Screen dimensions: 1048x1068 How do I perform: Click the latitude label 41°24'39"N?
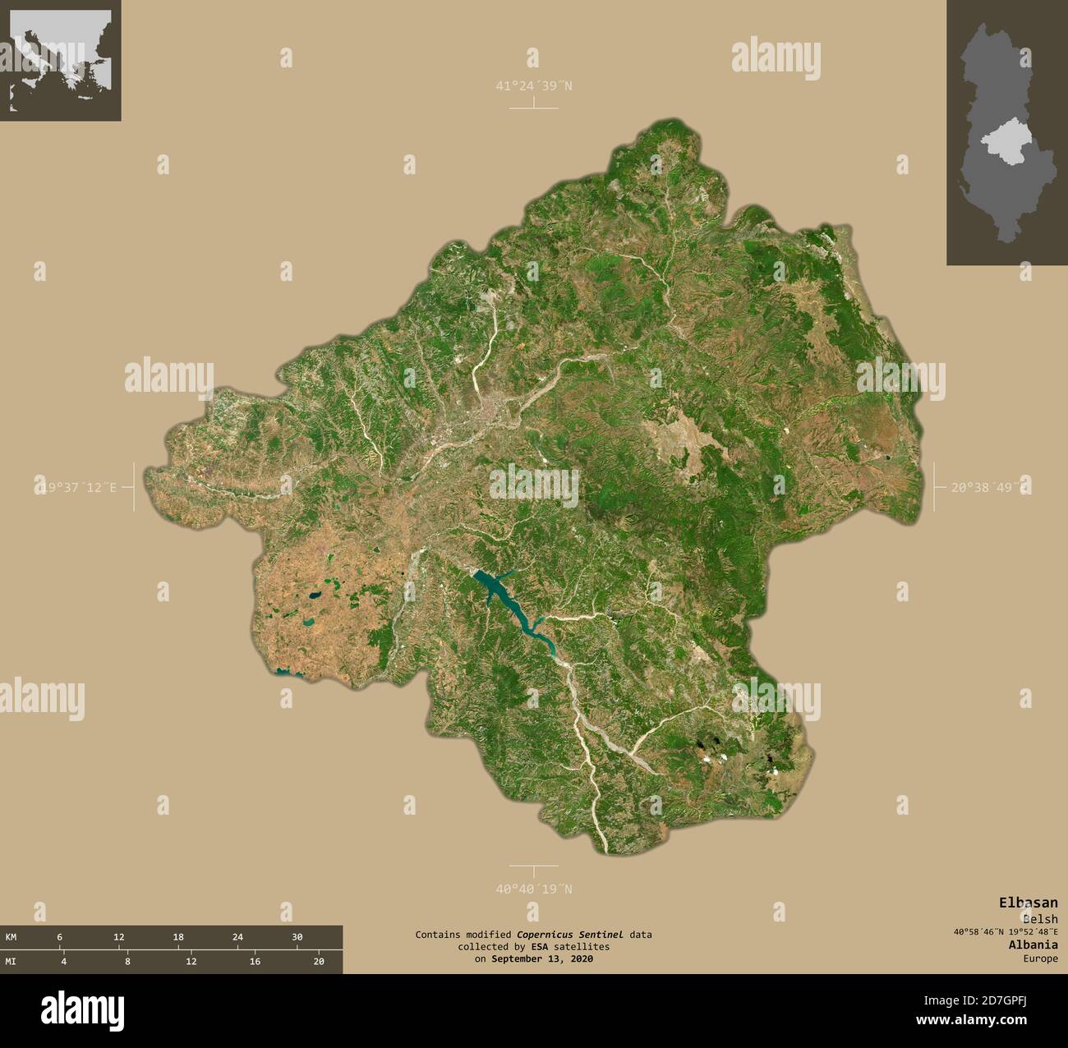point(533,85)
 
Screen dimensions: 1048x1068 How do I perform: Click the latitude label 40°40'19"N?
point(533,889)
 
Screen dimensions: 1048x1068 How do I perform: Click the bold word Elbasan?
point(1028,902)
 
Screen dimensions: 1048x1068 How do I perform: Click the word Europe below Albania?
point(1040,958)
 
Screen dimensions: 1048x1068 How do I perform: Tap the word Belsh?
point(1040,919)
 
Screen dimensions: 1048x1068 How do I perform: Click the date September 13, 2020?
point(541,958)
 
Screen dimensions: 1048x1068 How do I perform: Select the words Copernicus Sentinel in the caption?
point(569,935)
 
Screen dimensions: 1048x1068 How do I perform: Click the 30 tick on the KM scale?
point(297,937)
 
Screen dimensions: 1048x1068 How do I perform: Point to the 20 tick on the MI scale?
point(320,962)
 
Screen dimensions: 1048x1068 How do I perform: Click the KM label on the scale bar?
point(11,937)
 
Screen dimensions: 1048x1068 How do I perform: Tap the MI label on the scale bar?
point(11,962)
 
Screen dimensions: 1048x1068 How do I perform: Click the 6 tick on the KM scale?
point(59,937)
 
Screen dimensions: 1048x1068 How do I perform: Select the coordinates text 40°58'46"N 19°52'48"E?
point(1006,931)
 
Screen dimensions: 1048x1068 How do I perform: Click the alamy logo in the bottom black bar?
point(83,1008)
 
